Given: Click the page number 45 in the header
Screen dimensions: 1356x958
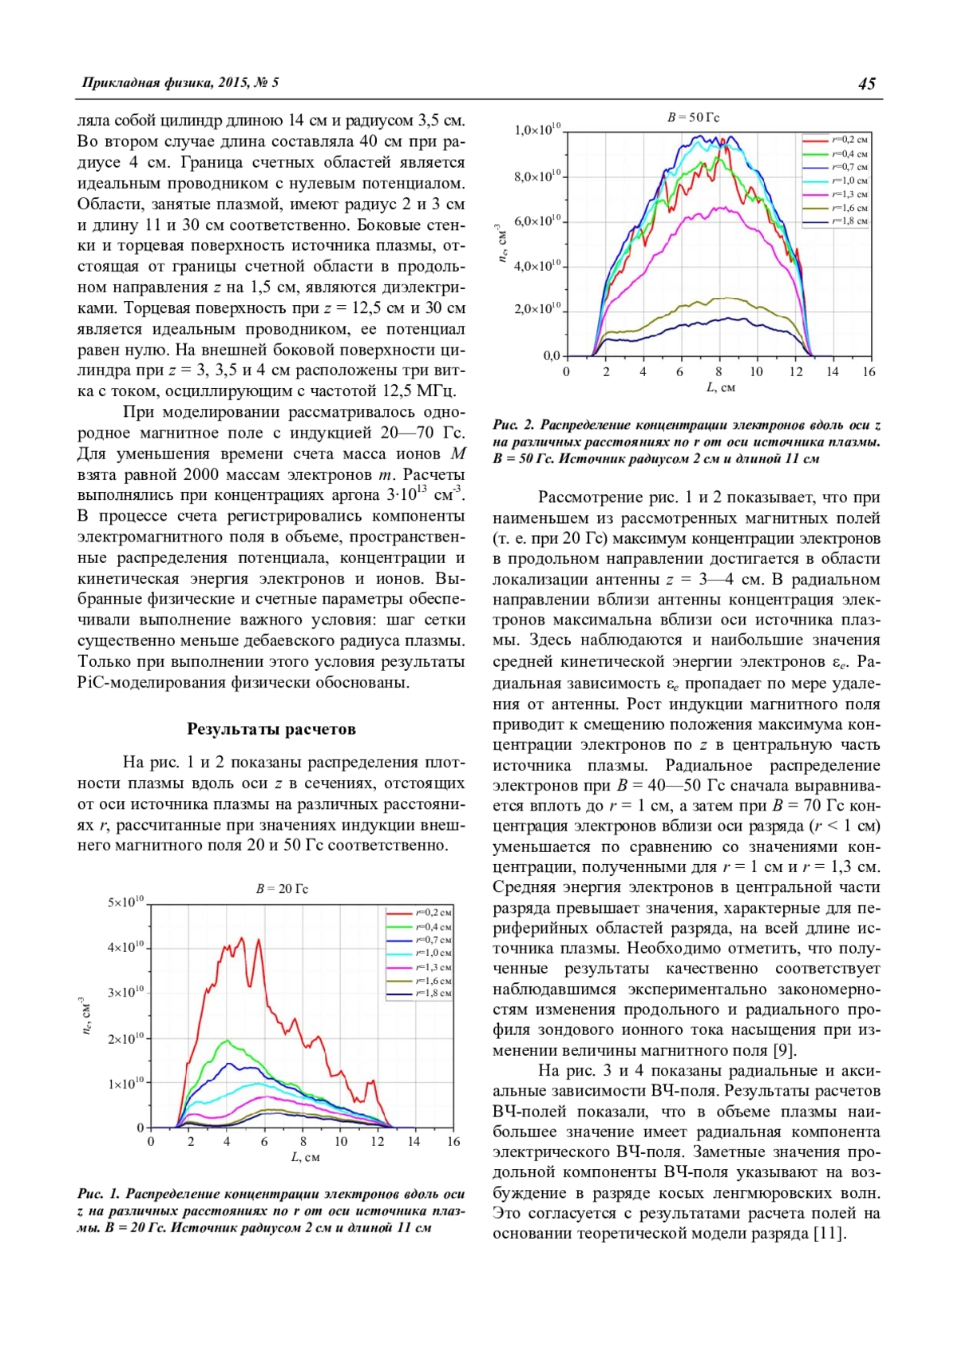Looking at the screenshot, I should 866,84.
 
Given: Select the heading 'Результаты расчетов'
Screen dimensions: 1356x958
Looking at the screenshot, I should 271,729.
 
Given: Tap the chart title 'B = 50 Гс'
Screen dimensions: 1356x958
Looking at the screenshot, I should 693,117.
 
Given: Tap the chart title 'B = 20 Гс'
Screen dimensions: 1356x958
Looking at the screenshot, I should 282,889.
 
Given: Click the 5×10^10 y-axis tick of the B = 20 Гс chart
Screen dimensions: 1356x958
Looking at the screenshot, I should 126,902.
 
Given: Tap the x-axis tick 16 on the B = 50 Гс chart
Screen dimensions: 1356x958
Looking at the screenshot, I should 869,372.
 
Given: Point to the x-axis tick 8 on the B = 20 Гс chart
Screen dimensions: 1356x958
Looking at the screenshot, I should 303,1142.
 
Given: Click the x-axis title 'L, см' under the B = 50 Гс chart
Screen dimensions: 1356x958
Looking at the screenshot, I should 721,388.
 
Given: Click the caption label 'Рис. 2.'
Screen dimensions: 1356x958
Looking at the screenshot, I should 513,426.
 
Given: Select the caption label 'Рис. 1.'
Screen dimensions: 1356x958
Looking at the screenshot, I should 98,1194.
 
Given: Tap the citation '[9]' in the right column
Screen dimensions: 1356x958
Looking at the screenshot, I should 785,1050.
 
